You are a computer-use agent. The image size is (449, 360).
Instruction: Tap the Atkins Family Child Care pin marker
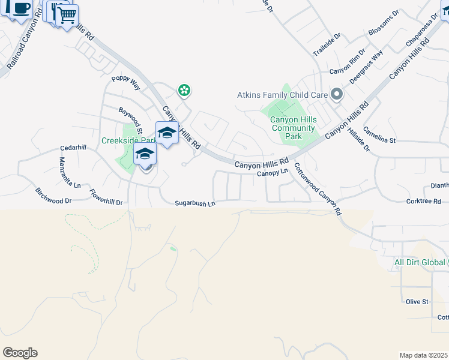[337, 94]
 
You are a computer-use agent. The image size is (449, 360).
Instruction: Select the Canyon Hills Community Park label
[294, 128]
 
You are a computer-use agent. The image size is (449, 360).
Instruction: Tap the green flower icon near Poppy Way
[184, 91]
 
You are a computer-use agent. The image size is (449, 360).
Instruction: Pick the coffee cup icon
[22, 9]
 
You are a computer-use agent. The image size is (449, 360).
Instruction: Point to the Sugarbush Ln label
[195, 203]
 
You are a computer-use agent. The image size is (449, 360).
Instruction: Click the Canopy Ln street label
[273, 173]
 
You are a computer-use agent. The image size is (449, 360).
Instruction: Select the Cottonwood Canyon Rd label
[318, 189]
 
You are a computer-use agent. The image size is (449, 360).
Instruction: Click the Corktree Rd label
[423, 202]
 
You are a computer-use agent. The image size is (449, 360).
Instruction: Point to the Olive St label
[417, 301]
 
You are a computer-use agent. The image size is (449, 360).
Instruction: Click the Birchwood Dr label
[53, 197]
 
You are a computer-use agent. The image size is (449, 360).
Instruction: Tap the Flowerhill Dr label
[106, 197]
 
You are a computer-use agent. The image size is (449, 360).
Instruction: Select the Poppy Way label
[125, 83]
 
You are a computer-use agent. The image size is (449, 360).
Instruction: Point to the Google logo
[20, 353]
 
